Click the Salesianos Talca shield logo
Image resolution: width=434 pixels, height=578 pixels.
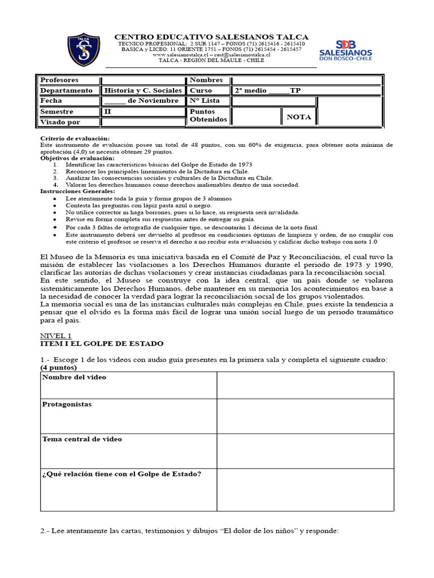84,50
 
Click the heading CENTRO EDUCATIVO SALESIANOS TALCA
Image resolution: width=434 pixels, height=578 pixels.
211,37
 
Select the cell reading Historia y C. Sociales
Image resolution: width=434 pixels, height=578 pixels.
144,90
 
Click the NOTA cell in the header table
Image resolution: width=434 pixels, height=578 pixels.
299,117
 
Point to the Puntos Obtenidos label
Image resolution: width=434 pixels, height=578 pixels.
208,116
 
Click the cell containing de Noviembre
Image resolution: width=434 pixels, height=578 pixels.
144,100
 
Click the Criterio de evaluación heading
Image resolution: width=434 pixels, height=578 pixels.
75,138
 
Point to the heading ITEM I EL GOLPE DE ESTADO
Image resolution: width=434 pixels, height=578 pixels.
102,343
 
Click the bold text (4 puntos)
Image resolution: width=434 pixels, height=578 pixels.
59,367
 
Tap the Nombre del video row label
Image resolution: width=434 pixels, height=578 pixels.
74,377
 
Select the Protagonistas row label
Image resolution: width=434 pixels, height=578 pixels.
67,405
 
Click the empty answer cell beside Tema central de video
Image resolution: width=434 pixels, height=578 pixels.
305,450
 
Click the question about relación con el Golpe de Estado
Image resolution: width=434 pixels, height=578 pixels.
121,474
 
